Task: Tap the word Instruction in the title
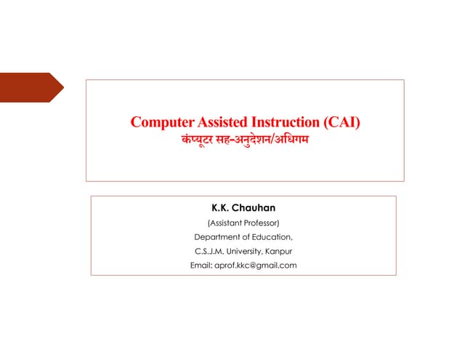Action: click(x=283, y=122)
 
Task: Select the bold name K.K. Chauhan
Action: click(x=243, y=209)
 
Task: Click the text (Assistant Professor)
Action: click(x=243, y=223)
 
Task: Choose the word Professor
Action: click(x=259, y=223)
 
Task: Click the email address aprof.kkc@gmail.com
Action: click(x=256, y=265)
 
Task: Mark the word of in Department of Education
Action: click(x=245, y=237)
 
